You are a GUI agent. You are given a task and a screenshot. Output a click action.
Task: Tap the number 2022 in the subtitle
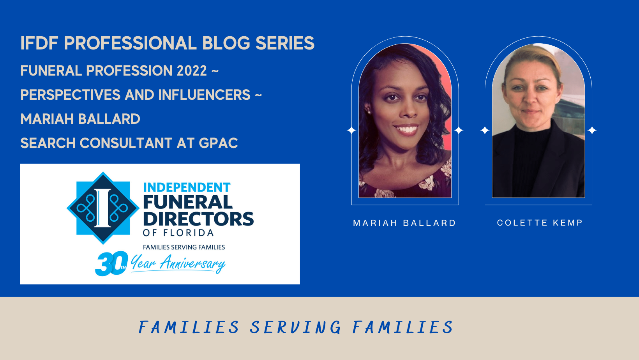click(x=192, y=71)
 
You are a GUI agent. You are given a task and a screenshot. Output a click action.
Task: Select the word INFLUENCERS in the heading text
click(x=204, y=95)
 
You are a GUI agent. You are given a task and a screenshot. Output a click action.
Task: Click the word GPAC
click(x=218, y=143)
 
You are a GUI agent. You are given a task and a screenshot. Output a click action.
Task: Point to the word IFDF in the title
click(x=39, y=43)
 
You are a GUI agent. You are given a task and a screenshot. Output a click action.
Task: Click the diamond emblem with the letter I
click(x=103, y=208)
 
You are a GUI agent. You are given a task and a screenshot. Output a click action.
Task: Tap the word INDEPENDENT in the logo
click(x=187, y=187)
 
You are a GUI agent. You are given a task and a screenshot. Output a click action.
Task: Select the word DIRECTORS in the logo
click(x=198, y=219)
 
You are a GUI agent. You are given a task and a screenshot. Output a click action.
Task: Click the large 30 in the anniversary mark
click(x=111, y=263)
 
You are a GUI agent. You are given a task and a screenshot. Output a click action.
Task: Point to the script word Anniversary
click(x=192, y=263)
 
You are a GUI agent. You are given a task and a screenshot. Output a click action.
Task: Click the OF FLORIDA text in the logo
click(x=178, y=233)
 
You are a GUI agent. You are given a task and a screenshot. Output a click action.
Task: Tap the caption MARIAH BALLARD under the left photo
click(x=404, y=223)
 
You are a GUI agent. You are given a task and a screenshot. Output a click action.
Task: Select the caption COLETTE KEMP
click(x=540, y=223)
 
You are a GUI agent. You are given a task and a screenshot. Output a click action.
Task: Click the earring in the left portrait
click(x=369, y=112)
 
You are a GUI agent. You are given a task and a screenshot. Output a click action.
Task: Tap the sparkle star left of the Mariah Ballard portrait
click(x=351, y=131)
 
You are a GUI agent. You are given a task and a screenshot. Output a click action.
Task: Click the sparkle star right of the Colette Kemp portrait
click(x=592, y=131)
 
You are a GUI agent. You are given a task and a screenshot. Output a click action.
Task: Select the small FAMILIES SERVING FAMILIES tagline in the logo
click(x=184, y=247)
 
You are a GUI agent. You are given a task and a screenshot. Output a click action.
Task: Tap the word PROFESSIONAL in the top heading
click(x=130, y=43)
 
